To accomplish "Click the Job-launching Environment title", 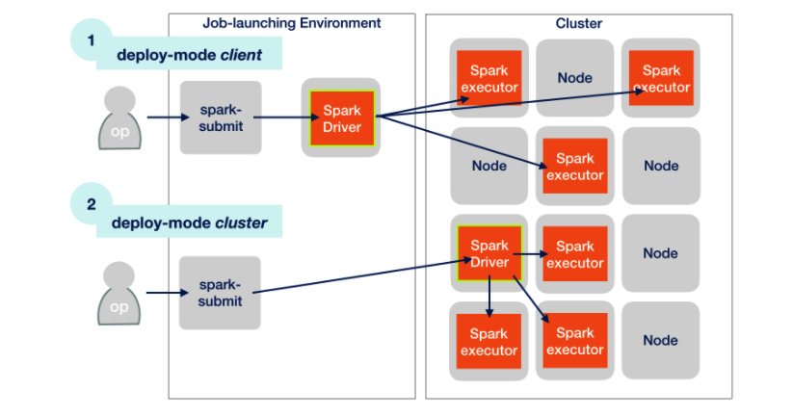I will (x=292, y=22).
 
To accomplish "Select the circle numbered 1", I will (x=92, y=40).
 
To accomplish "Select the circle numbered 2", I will (x=92, y=204).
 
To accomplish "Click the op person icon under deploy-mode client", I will (x=119, y=118).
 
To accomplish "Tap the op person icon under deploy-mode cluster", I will (x=119, y=295).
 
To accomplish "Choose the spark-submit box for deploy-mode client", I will (x=220, y=117).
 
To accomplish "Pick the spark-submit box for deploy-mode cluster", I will (x=220, y=294).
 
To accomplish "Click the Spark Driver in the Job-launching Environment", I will (x=341, y=117).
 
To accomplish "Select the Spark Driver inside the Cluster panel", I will (x=489, y=253).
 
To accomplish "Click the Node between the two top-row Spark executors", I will (x=574, y=78).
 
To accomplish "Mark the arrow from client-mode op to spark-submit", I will (x=162, y=118).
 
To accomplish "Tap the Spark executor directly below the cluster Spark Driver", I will (x=489, y=342).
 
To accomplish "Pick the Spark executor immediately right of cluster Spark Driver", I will (x=574, y=254).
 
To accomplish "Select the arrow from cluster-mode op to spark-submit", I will (x=162, y=295).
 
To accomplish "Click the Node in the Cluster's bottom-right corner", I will (x=660, y=340).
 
